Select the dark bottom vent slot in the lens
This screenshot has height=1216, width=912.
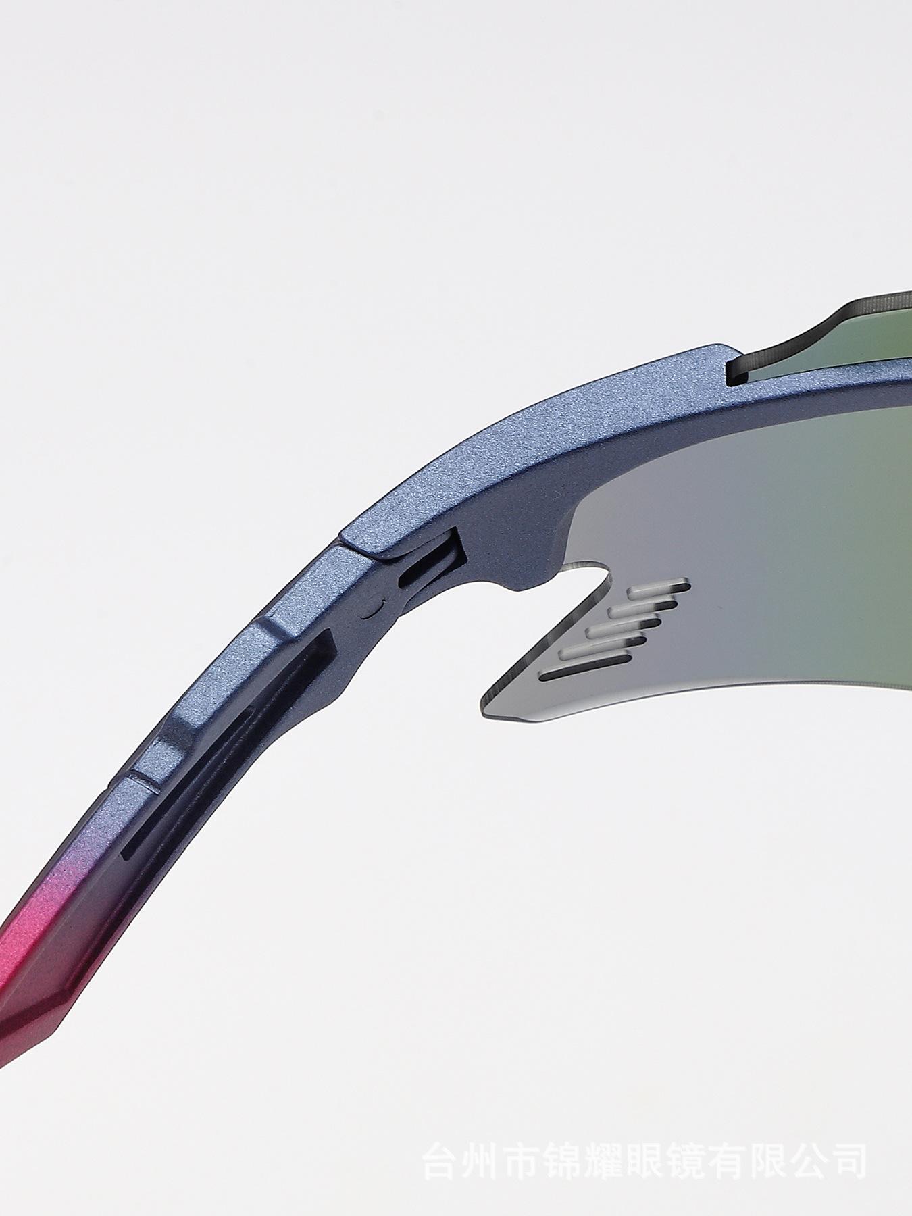[x=586, y=674]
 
